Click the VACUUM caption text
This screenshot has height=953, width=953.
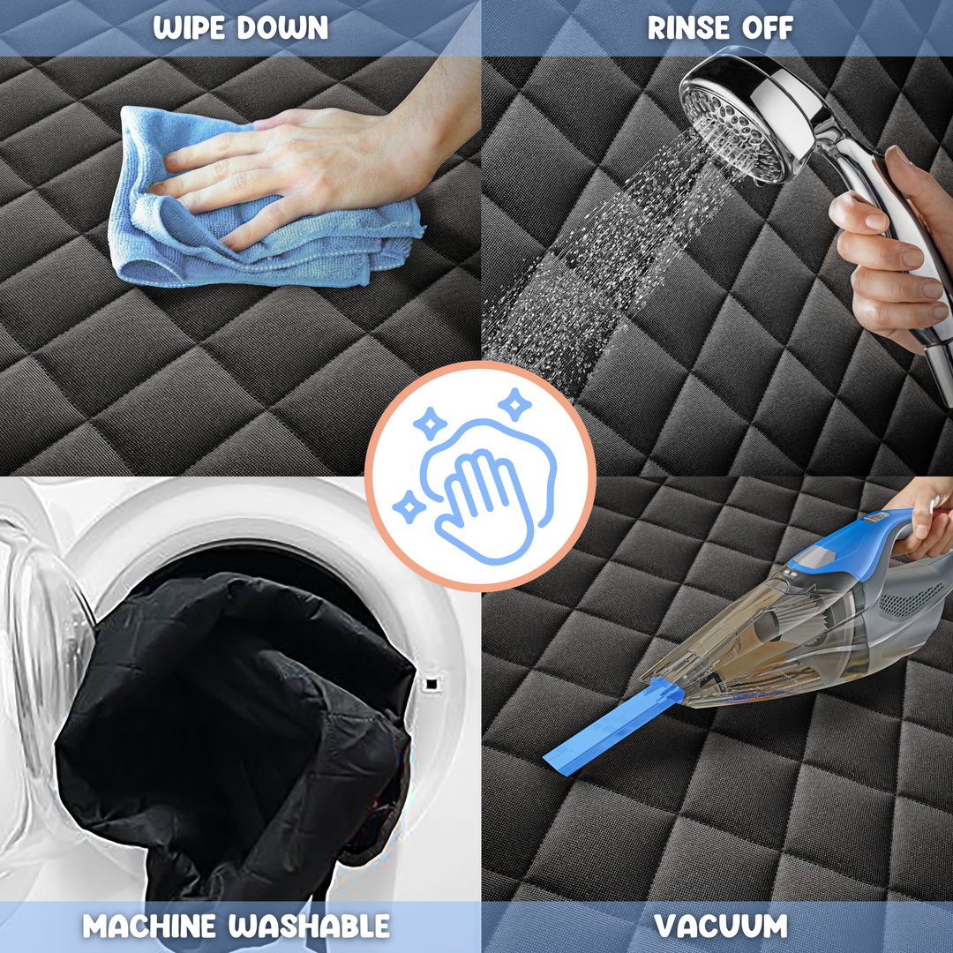[721, 926]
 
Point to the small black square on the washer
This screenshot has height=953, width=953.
[431, 683]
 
